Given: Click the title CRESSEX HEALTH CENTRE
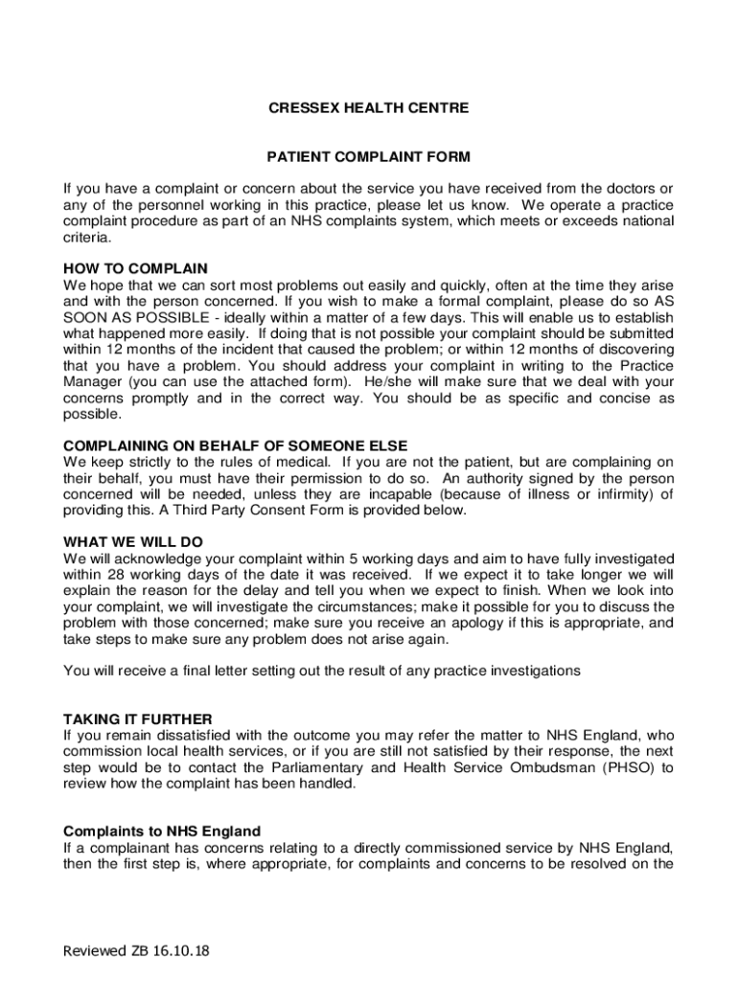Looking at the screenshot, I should click(368, 108).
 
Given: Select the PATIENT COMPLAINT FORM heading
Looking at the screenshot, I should click(368, 156).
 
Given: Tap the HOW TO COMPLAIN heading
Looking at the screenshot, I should click(135, 268).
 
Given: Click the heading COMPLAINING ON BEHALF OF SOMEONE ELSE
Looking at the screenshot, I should click(235, 445).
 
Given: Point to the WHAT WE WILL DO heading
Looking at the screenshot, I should click(132, 542).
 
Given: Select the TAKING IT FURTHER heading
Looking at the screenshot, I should click(137, 719).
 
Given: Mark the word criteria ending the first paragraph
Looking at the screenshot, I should click(86, 237).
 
